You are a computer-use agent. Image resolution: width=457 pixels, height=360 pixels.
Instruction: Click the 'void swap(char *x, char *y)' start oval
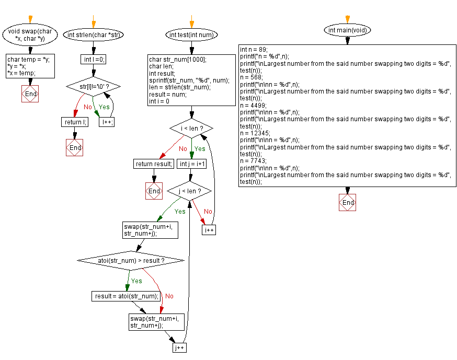(x=30, y=35)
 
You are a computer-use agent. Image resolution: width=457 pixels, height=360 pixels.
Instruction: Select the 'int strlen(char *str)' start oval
(x=93, y=35)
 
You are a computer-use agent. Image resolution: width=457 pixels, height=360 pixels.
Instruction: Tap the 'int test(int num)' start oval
(x=191, y=35)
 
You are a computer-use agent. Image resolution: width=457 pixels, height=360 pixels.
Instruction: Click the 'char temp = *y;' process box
(x=30, y=66)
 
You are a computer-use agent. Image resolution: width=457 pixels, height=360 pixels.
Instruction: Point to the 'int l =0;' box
(x=93, y=59)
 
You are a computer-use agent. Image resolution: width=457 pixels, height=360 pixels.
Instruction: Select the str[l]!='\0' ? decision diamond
(x=93, y=86)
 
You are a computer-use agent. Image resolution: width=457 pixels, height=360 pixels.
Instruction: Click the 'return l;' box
(x=75, y=122)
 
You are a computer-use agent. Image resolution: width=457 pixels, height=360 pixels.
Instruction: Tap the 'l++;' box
(x=107, y=122)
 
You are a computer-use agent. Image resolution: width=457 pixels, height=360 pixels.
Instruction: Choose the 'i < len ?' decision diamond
(x=191, y=129)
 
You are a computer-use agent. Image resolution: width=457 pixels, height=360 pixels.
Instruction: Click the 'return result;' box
(x=154, y=164)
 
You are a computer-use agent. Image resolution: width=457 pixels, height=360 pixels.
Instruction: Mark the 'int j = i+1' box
(x=191, y=164)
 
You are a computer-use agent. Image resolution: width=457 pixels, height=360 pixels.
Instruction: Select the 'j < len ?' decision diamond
(x=189, y=191)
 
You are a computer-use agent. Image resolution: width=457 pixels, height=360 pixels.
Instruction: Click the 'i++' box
(x=209, y=230)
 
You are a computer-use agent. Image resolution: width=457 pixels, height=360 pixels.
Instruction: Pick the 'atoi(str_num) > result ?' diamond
(x=130, y=260)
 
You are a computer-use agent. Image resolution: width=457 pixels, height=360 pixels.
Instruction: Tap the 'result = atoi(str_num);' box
(x=127, y=296)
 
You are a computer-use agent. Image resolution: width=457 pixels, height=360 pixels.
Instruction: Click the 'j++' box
(x=179, y=347)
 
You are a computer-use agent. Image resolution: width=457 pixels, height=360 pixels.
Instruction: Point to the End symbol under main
(x=347, y=202)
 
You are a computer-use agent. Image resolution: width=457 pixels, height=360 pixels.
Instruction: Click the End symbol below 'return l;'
(x=75, y=147)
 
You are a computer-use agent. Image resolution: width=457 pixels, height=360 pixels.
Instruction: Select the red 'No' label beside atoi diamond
(x=169, y=296)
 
